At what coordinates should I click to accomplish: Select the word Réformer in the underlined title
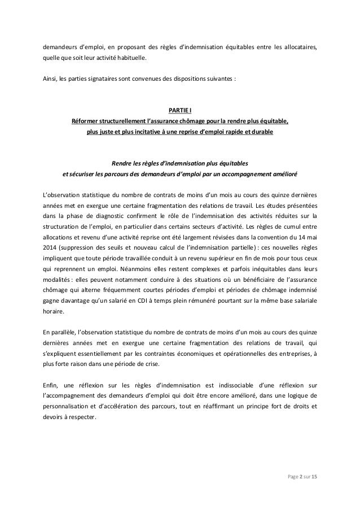pyautogui.click(x=88, y=121)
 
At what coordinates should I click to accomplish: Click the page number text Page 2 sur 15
pyautogui.click(x=302, y=479)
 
